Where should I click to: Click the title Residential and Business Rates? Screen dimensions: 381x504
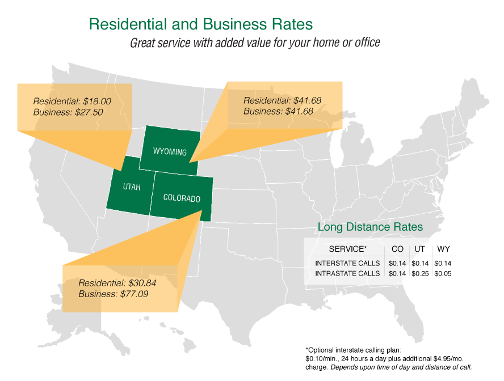[x=201, y=24]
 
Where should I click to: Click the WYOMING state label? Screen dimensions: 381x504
[x=170, y=152]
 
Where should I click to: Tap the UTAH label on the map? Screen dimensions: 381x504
[x=131, y=187]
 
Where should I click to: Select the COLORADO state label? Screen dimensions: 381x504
[x=182, y=198]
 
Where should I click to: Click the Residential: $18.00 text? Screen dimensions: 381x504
[x=72, y=101]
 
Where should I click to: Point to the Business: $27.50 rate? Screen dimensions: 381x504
[x=68, y=112]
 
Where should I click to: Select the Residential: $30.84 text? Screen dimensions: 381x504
[x=117, y=283]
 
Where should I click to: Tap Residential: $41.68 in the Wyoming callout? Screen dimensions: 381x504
[x=282, y=100]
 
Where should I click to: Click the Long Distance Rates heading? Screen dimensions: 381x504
[x=370, y=227]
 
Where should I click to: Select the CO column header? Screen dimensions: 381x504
[x=398, y=249]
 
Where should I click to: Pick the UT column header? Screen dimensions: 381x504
[x=420, y=249]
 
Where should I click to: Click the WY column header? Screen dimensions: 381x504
[x=442, y=249]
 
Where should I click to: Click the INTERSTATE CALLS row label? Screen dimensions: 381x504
[x=347, y=263]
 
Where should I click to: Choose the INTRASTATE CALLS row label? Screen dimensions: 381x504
[x=347, y=273]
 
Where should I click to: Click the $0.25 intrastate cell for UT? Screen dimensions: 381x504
[x=420, y=273]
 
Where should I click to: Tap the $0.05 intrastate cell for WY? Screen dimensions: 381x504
[x=442, y=273]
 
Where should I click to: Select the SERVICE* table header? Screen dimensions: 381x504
[x=348, y=249]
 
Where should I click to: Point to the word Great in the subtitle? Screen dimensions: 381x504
[x=142, y=43]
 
